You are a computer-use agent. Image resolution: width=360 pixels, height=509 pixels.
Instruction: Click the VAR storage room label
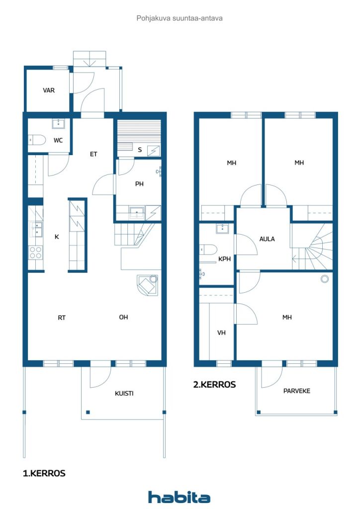click(x=49, y=90)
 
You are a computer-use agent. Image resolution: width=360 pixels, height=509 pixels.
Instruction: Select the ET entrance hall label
click(x=93, y=154)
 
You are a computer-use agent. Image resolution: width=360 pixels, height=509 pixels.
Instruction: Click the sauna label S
click(x=140, y=149)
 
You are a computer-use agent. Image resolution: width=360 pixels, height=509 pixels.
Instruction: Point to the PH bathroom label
click(x=139, y=183)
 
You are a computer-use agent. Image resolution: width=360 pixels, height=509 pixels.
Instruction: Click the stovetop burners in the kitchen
click(x=36, y=253)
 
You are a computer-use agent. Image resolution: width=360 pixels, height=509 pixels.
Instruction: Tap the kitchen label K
click(x=57, y=237)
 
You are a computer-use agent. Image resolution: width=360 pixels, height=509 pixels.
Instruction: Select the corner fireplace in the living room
click(x=148, y=285)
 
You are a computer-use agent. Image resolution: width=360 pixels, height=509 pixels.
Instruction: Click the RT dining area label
click(x=62, y=317)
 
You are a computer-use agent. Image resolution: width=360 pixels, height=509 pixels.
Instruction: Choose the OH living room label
click(x=123, y=317)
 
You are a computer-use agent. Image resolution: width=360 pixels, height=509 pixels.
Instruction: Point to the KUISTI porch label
click(x=124, y=393)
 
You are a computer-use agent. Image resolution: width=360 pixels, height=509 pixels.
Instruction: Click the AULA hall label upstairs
click(x=267, y=239)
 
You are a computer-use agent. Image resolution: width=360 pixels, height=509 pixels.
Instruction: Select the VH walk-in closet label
click(x=221, y=333)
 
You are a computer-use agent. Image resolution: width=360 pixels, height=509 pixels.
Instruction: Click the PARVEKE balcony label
click(x=297, y=391)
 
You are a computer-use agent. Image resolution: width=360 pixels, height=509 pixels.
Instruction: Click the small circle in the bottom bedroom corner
click(x=325, y=279)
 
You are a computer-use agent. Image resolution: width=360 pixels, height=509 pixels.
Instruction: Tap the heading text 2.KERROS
click(x=214, y=384)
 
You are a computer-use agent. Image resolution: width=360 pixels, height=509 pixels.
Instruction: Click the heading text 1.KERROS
click(x=44, y=473)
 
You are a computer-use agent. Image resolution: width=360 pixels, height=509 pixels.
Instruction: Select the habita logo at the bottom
click(x=179, y=497)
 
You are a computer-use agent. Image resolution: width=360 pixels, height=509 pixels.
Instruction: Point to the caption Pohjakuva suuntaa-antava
click(x=180, y=18)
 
